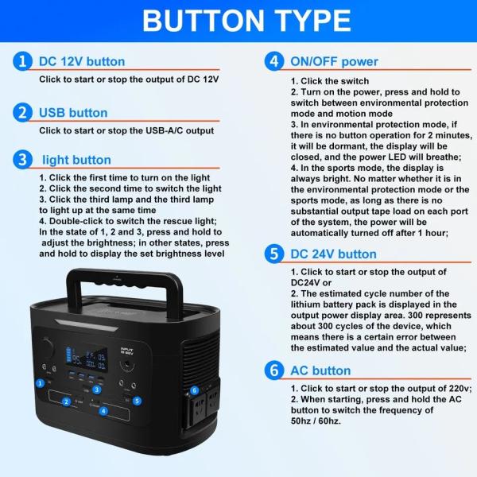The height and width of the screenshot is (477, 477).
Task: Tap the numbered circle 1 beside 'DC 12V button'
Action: pyautogui.click(x=22, y=61)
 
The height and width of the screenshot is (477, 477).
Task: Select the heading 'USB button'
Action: pyautogui.click(x=73, y=112)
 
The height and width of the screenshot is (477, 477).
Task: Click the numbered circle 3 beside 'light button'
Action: pyautogui.click(x=22, y=159)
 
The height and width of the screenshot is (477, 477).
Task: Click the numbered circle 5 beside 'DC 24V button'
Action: pyautogui.click(x=273, y=254)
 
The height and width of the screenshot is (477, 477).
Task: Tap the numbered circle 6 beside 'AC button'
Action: pyautogui.click(x=273, y=370)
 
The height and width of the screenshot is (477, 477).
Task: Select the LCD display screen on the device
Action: pyautogui.click(x=82, y=355)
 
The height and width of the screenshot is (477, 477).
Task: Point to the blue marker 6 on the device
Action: pyautogui.click(x=194, y=390)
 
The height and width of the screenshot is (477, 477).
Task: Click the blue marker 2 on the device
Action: pyautogui.click(x=66, y=401)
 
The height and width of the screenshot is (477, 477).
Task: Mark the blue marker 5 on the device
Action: pyautogui.click(x=138, y=401)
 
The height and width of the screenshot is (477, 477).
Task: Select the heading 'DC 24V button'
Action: pyautogui.click(x=333, y=254)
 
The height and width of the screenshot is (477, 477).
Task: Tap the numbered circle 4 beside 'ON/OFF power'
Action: pyautogui.click(x=273, y=61)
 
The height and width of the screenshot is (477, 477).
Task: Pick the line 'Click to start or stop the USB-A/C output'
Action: pyautogui.click(x=126, y=130)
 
